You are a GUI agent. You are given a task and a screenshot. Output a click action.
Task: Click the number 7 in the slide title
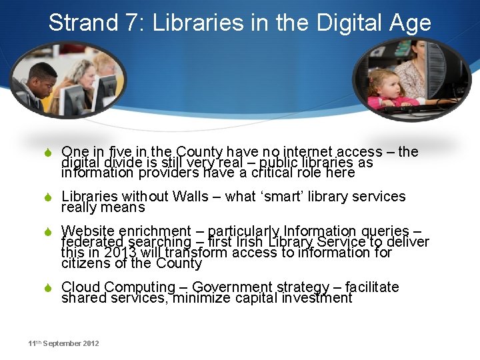click(x=131, y=23)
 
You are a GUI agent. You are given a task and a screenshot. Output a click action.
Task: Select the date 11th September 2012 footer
click(x=63, y=343)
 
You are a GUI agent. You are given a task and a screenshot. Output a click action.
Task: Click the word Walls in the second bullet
click(x=190, y=197)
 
